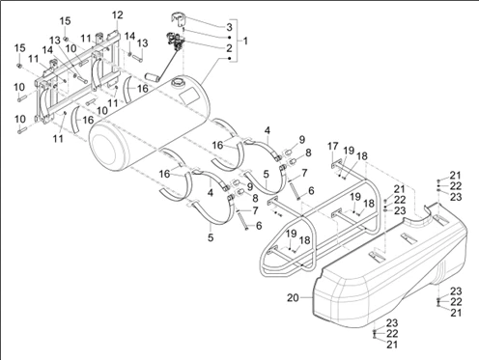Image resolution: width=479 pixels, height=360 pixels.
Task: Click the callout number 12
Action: tap(118, 14)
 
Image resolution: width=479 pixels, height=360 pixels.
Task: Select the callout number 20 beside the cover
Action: tap(293, 298)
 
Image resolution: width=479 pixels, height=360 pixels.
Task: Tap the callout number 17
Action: tap(333, 147)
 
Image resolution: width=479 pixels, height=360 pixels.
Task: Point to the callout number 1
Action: tap(245, 41)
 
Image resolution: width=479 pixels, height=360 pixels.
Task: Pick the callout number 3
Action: tap(229, 27)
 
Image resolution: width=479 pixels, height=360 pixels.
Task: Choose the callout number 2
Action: tap(229, 48)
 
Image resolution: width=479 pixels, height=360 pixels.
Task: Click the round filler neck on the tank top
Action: tap(178, 82)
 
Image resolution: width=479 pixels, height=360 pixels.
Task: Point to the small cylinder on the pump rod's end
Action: tap(151, 77)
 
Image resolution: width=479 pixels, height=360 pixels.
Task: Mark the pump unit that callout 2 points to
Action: tap(176, 41)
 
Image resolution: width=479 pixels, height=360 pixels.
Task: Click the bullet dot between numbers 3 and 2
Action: tap(229, 38)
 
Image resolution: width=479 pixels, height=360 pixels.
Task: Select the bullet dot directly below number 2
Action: tap(229, 58)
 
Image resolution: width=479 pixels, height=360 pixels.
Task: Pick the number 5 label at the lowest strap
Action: tap(211, 237)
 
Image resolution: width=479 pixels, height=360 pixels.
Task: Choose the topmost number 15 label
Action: tap(65, 21)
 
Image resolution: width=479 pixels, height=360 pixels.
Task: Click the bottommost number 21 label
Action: tap(392, 345)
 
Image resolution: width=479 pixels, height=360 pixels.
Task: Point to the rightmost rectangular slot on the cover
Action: tap(440, 220)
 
